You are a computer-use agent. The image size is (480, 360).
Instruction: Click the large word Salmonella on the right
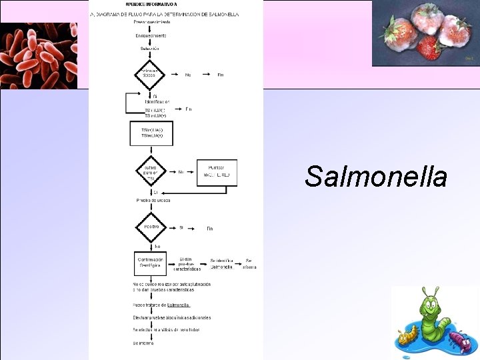[376, 177]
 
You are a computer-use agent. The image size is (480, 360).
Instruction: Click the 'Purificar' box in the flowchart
[217, 172]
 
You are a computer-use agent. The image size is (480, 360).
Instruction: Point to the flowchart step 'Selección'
[150, 49]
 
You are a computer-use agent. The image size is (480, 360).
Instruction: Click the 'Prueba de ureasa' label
[153, 200]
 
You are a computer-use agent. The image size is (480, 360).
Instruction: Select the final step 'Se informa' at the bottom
[143, 343]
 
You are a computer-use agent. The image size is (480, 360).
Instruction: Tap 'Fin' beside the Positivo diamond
[209, 228]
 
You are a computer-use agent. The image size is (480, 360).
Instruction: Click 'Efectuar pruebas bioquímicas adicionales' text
[171, 317]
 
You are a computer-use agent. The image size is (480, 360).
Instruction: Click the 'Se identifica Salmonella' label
[221, 263]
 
